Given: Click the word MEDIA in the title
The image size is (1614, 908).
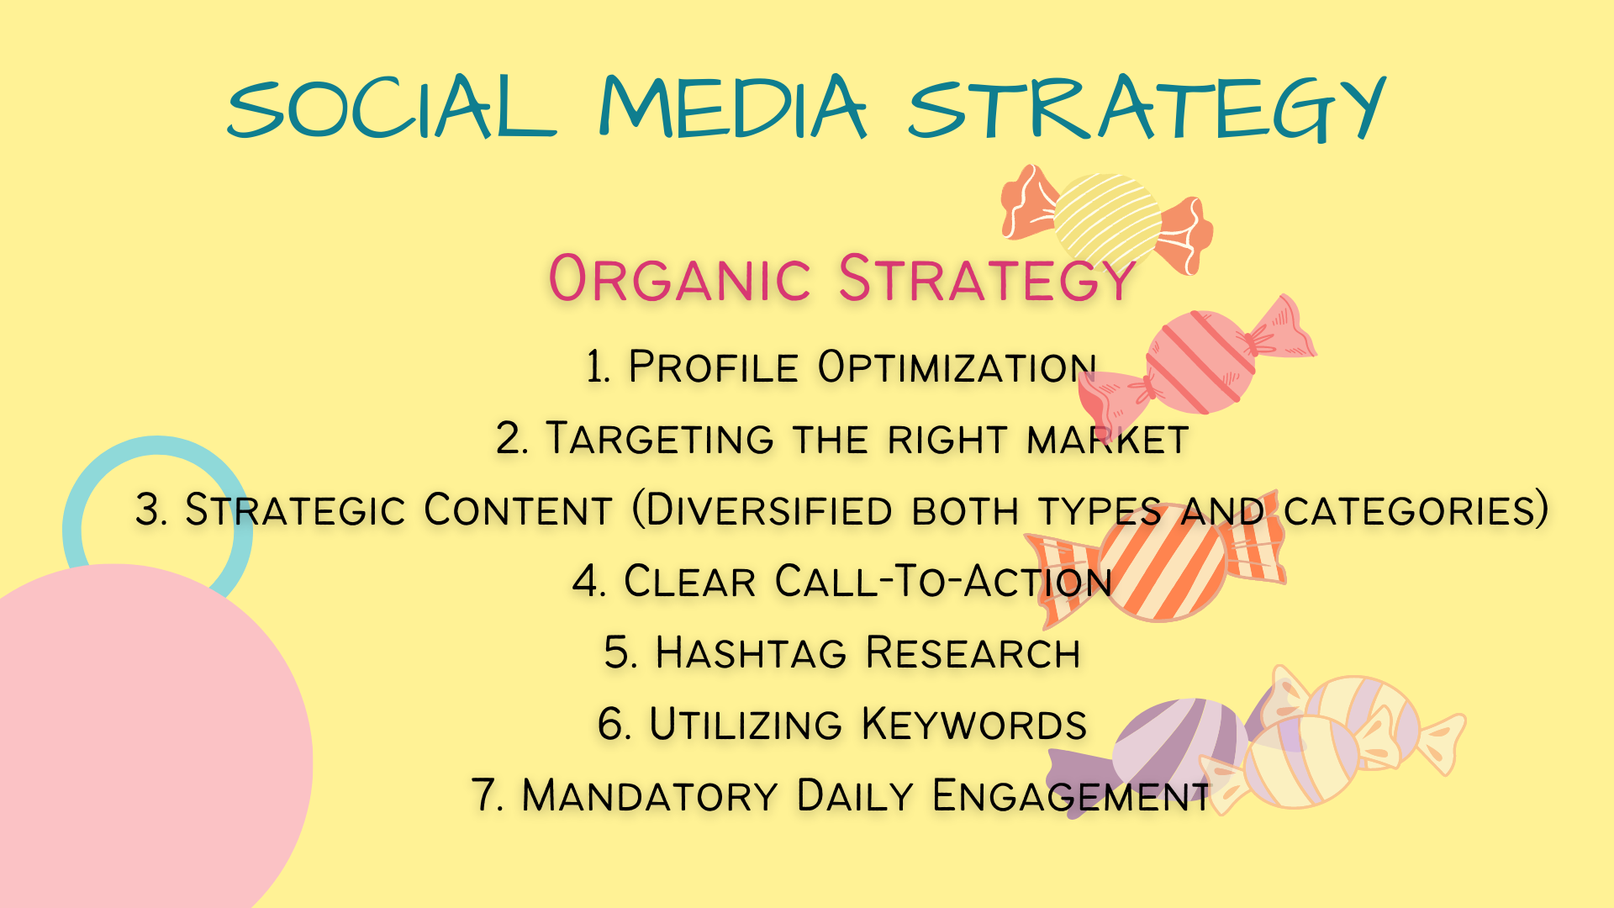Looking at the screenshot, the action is click(732, 107).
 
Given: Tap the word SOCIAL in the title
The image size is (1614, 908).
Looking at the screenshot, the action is click(392, 107).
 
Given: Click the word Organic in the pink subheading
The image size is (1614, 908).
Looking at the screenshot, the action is click(679, 278).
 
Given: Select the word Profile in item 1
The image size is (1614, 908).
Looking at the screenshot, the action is click(713, 367).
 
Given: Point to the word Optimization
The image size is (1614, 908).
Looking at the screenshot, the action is click(957, 367).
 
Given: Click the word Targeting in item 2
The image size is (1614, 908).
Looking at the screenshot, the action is click(660, 439).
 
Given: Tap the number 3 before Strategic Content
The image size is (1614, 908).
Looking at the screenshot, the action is click(149, 510).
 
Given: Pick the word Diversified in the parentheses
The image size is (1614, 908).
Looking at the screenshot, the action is click(770, 510).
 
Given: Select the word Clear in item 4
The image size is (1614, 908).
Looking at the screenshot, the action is click(689, 582).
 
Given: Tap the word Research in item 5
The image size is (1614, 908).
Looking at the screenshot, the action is click(973, 653).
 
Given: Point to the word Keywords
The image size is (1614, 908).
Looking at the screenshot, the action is click(974, 725).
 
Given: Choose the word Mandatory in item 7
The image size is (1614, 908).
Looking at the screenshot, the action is click(650, 796).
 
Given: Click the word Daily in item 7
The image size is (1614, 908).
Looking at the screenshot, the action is click(855, 796).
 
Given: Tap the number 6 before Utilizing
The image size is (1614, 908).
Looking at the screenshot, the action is click(611, 725).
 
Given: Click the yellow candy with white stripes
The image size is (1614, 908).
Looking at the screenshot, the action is click(1107, 219).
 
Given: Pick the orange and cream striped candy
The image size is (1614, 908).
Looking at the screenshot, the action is click(1160, 560).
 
